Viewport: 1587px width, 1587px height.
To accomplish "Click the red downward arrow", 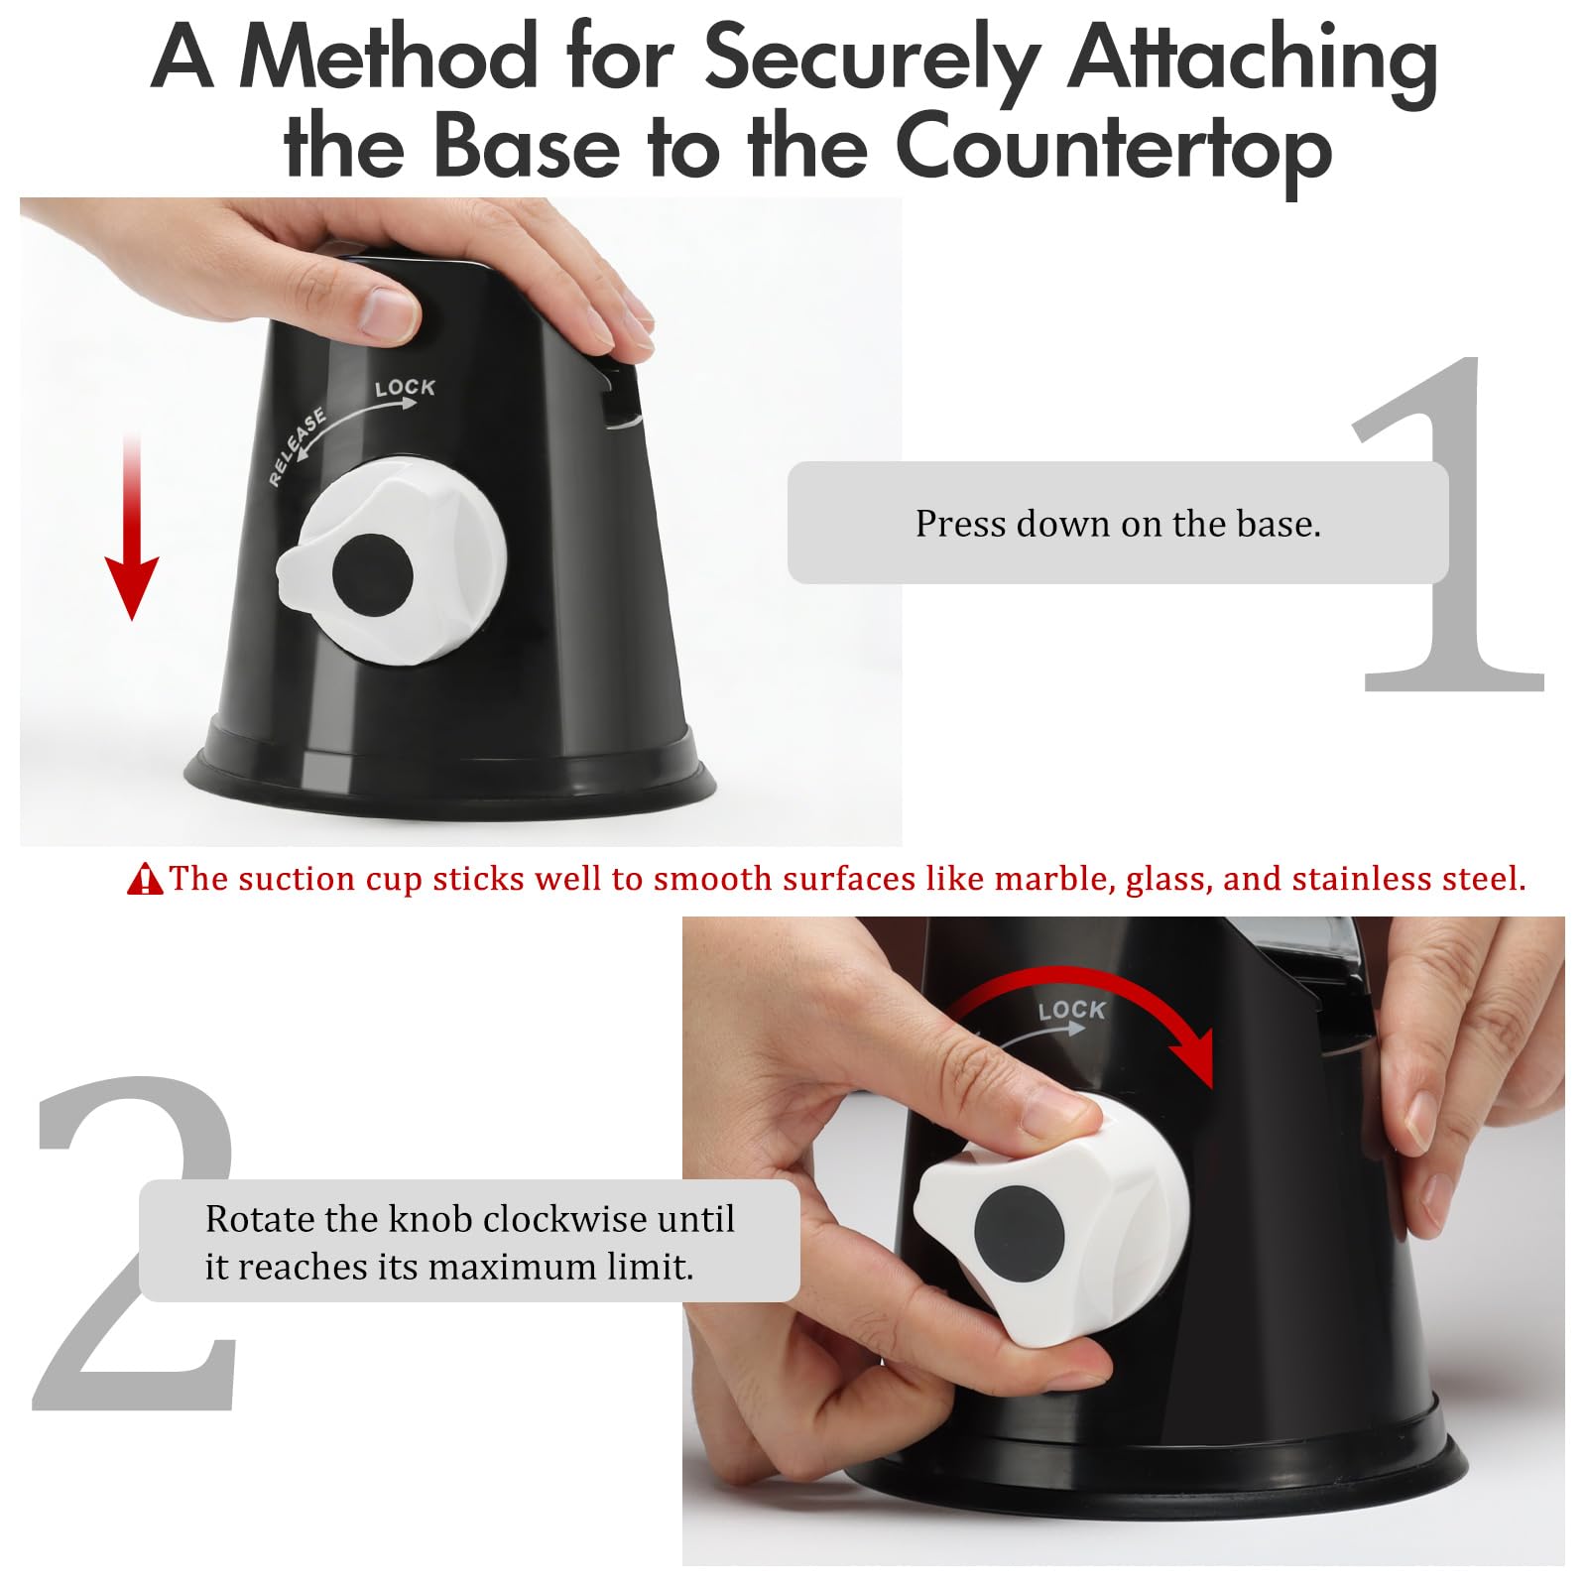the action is point(132,526).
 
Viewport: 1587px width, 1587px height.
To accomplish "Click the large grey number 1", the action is point(1448,523).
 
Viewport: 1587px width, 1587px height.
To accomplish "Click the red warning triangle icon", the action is point(145,880).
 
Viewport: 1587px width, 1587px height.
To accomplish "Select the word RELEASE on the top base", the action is point(297,445).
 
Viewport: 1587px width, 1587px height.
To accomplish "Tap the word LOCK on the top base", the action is point(405,387).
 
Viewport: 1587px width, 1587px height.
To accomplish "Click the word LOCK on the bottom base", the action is point(1071,1010).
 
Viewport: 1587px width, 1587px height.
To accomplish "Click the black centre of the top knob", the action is point(372,575).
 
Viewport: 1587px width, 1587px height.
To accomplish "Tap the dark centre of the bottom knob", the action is point(1019,1234).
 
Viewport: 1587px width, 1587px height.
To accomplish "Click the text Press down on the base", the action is point(1118,524).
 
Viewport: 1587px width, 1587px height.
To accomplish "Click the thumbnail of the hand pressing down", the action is point(460,522).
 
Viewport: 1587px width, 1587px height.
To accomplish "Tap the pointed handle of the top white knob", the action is point(298,575).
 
